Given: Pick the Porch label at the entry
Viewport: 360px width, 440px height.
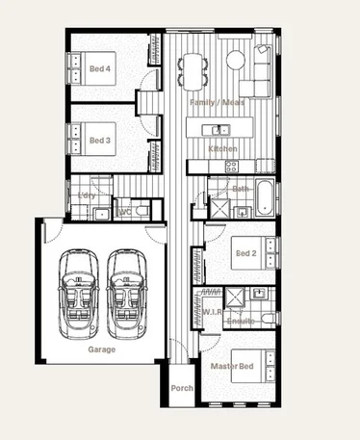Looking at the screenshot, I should [181, 389].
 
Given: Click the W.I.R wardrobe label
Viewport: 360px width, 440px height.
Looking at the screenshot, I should [212, 312].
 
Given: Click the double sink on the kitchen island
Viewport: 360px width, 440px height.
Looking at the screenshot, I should [220, 129].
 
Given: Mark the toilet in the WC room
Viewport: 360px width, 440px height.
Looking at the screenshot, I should [141, 208].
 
